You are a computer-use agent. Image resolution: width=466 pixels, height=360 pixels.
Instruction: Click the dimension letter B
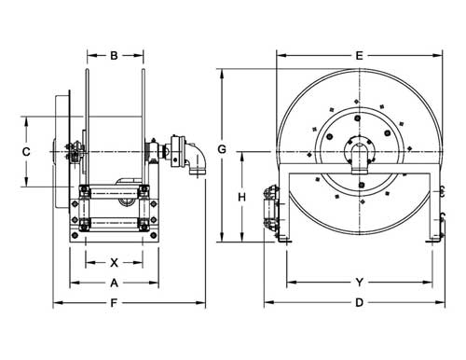point(115,56)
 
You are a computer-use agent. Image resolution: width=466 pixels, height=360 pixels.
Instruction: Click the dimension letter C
point(27,151)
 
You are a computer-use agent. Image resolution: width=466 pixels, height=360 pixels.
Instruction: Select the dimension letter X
point(115,262)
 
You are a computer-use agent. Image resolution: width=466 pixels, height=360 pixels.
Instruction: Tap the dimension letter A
point(115,282)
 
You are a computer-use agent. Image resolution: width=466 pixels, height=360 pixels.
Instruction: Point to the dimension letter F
point(115,302)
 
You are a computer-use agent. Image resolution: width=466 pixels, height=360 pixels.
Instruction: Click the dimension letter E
point(358,55)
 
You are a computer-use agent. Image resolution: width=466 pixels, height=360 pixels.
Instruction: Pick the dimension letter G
point(221,149)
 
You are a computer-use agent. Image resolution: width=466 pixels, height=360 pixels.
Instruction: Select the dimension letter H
point(241,197)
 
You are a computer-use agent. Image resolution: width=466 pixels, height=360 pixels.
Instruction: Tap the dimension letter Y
point(358,281)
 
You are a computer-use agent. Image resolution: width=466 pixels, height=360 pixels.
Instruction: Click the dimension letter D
point(358,302)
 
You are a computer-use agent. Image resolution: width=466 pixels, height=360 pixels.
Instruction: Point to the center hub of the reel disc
point(358,149)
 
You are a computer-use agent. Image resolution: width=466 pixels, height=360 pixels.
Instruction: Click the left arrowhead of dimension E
point(278,55)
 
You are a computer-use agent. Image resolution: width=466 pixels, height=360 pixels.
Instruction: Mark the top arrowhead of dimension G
point(221,72)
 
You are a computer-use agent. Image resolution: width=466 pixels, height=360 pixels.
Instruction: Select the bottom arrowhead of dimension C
point(27,186)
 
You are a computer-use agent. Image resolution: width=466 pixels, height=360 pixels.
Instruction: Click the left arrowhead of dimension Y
point(287,281)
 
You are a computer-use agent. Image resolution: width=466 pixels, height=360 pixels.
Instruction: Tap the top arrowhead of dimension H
point(241,153)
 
